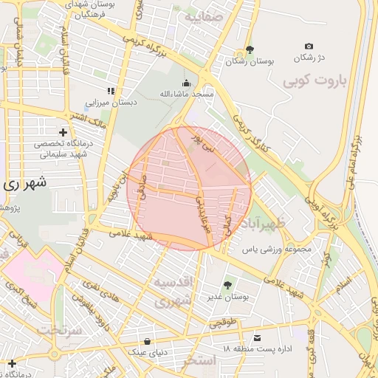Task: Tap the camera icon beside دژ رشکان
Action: coord(309,46)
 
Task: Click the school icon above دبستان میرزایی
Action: coord(111,91)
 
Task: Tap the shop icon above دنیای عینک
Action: coord(148,341)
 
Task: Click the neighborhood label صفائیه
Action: coord(203,16)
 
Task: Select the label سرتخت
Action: coord(60,329)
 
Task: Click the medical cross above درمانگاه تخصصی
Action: coord(63,131)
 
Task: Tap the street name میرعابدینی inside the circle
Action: coord(203,215)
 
